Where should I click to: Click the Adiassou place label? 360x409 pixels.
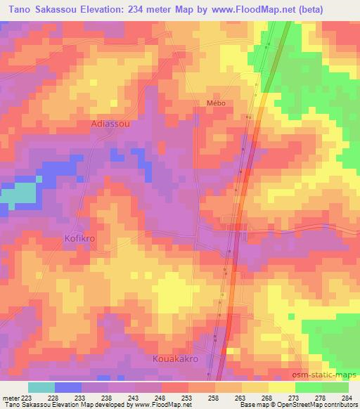110,123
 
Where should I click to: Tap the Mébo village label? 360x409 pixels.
215,103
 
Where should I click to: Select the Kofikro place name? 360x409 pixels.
79,238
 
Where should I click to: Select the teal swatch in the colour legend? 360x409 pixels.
41,387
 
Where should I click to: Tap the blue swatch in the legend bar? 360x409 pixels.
68,387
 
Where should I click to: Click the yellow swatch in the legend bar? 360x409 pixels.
281,387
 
